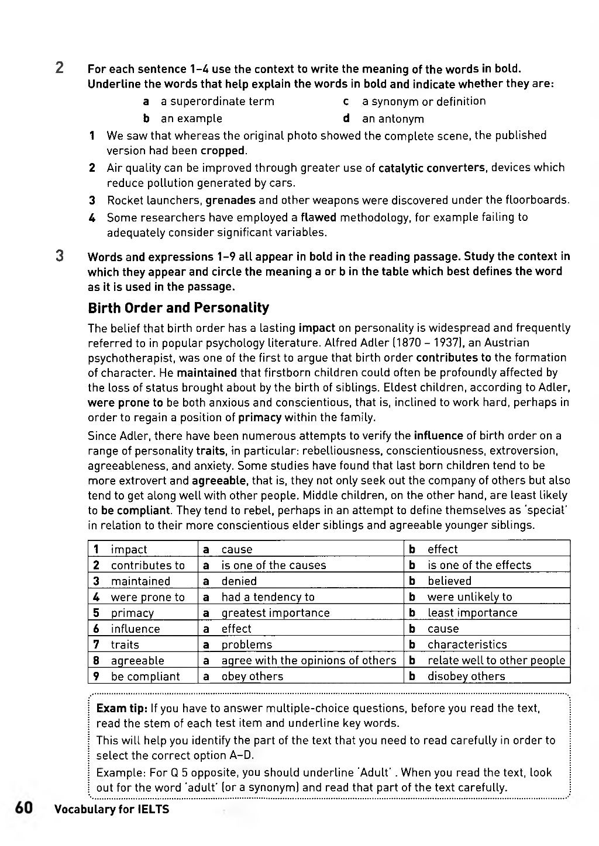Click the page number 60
[x=23, y=808]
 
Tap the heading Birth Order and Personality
[x=178, y=308]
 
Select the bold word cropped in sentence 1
[x=223, y=151]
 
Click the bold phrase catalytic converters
[x=432, y=168]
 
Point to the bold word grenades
[x=230, y=200]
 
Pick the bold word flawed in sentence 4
[x=318, y=217]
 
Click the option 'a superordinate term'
[x=217, y=102]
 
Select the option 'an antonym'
[x=393, y=119]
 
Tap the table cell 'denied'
[x=239, y=581]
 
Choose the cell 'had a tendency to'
[x=267, y=597]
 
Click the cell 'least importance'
[x=472, y=613]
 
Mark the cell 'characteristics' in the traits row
[x=467, y=644]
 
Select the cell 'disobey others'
[x=466, y=677]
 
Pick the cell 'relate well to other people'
[x=496, y=661]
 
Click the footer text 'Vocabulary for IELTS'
[x=111, y=810]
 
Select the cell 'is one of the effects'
[x=479, y=566]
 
